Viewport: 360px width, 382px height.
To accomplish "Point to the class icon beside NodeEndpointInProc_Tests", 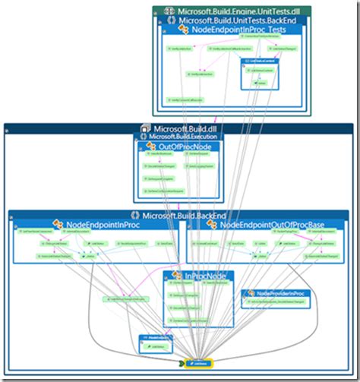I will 184,30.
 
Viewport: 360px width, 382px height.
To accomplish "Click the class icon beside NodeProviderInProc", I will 248,293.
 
